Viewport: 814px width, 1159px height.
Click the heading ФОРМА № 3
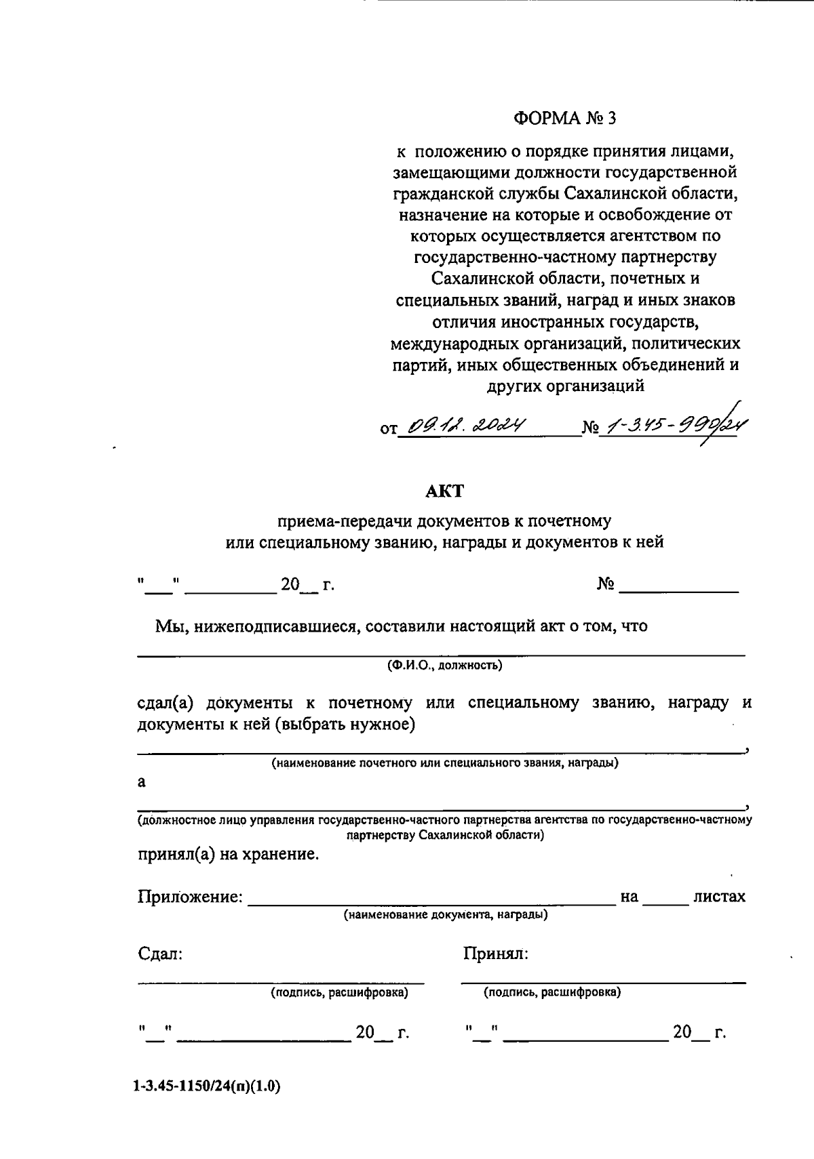click(564, 119)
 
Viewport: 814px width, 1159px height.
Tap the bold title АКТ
click(444, 491)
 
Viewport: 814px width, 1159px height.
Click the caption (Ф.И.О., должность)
click(444, 665)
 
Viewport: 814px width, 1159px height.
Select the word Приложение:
click(191, 897)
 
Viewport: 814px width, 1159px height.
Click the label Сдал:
click(160, 954)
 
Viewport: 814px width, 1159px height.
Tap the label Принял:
click(495, 954)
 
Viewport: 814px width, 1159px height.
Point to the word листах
click(719, 897)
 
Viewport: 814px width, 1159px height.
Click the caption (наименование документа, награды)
click(446, 915)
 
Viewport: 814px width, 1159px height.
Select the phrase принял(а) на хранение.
click(228, 854)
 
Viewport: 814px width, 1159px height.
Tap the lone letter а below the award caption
click(142, 781)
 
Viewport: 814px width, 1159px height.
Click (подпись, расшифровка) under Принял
click(551, 993)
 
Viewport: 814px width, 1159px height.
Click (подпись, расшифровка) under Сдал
click(339, 993)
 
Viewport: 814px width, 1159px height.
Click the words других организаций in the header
click(564, 386)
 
